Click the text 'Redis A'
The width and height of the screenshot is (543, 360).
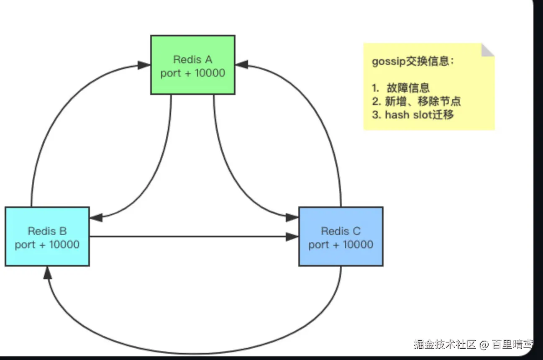pyautogui.click(x=192, y=59)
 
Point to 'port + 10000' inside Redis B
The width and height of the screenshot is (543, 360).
pyautogui.click(x=47, y=244)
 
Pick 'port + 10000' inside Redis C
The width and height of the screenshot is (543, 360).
pyautogui.click(x=341, y=244)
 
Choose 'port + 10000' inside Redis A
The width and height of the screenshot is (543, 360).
pyautogui.click(x=192, y=73)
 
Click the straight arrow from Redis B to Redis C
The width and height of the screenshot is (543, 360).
pyautogui.click(x=188, y=237)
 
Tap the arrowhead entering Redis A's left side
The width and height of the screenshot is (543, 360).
pyautogui.click(x=144, y=65)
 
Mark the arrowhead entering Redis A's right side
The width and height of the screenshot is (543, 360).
pyautogui.click(x=242, y=65)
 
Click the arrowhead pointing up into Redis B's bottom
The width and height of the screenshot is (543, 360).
pyautogui.click(x=47, y=273)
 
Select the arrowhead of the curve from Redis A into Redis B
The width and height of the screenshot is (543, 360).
pyautogui.click(x=96, y=217)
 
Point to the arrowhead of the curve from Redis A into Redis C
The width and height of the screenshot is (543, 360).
pyautogui.click(x=292, y=217)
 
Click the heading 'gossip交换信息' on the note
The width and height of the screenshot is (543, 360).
pyautogui.click(x=412, y=62)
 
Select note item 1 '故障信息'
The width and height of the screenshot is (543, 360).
pyautogui.click(x=408, y=87)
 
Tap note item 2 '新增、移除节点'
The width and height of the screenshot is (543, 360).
pyautogui.click(x=423, y=101)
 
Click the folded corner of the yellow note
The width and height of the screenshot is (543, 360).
pyautogui.click(x=487, y=50)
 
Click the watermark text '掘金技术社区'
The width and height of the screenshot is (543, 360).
pyautogui.click(x=445, y=345)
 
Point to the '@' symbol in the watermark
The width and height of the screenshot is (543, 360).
pyautogui.click(x=484, y=345)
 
